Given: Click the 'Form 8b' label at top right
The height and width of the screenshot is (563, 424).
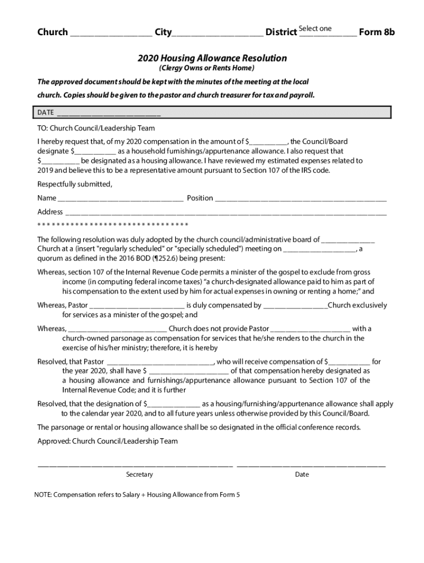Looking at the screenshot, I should [x=377, y=32].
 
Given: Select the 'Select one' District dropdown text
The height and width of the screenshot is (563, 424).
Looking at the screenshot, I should [x=316, y=29].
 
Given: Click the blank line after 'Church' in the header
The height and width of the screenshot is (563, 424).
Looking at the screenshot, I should [x=111, y=34].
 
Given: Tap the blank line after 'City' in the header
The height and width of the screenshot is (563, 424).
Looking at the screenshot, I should [x=218, y=34].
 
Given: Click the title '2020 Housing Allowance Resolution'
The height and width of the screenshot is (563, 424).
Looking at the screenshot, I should [x=212, y=58].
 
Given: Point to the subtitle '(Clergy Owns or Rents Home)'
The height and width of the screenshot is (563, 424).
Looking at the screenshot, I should [x=206, y=68].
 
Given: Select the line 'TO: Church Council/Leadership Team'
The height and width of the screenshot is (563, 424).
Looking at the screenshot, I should [x=96, y=128].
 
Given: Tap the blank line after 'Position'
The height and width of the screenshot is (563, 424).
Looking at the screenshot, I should [x=301, y=198].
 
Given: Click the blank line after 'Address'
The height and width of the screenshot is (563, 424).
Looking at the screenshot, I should [x=226, y=212].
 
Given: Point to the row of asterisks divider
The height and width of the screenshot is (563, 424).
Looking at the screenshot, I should [x=113, y=225].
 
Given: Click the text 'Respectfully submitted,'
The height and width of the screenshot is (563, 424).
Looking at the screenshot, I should [x=74, y=184].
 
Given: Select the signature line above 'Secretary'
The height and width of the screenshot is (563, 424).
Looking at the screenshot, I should [x=135, y=466].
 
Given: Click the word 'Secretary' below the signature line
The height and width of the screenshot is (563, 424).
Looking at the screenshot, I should [x=139, y=474].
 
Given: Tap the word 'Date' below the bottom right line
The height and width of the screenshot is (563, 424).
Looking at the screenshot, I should [x=302, y=474].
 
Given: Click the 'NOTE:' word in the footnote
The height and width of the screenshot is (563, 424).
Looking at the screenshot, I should [x=43, y=495].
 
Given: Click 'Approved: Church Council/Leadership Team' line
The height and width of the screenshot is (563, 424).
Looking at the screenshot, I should [x=107, y=441].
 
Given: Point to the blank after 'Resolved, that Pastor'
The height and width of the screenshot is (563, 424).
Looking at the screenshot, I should [x=160, y=362].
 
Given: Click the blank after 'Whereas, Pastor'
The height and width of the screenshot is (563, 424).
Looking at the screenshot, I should [x=137, y=306].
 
